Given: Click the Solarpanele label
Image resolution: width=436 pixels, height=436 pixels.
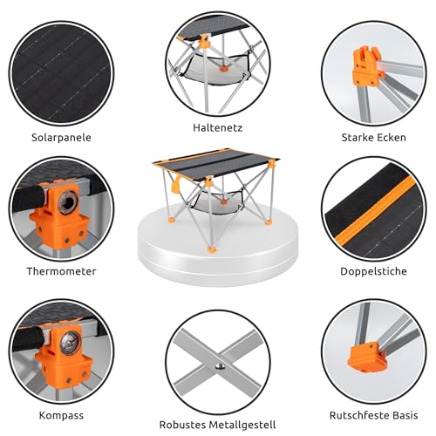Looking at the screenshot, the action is (x=61, y=138).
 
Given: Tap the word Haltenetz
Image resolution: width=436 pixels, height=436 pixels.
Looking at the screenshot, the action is (x=218, y=127).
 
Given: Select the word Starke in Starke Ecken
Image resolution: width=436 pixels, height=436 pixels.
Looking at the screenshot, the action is (x=356, y=138).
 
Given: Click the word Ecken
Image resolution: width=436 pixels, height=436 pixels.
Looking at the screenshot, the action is (x=390, y=138).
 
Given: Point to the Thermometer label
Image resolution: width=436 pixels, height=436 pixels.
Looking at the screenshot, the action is (x=61, y=271).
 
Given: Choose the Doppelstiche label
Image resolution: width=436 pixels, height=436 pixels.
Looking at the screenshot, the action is (x=373, y=271).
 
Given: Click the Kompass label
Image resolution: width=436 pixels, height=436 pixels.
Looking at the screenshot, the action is (x=61, y=415).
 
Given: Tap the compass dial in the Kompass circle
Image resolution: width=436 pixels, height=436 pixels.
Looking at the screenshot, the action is (x=70, y=344).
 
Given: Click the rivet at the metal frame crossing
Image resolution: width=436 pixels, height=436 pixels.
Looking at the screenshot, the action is (x=220, y=367).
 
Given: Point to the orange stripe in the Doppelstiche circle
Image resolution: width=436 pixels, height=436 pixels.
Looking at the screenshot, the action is (x=376, y=209).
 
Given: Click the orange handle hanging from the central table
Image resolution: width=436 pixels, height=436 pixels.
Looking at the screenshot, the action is (x=175, y=185).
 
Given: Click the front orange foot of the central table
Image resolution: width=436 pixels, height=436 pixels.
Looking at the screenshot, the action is (x=212, y=249).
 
